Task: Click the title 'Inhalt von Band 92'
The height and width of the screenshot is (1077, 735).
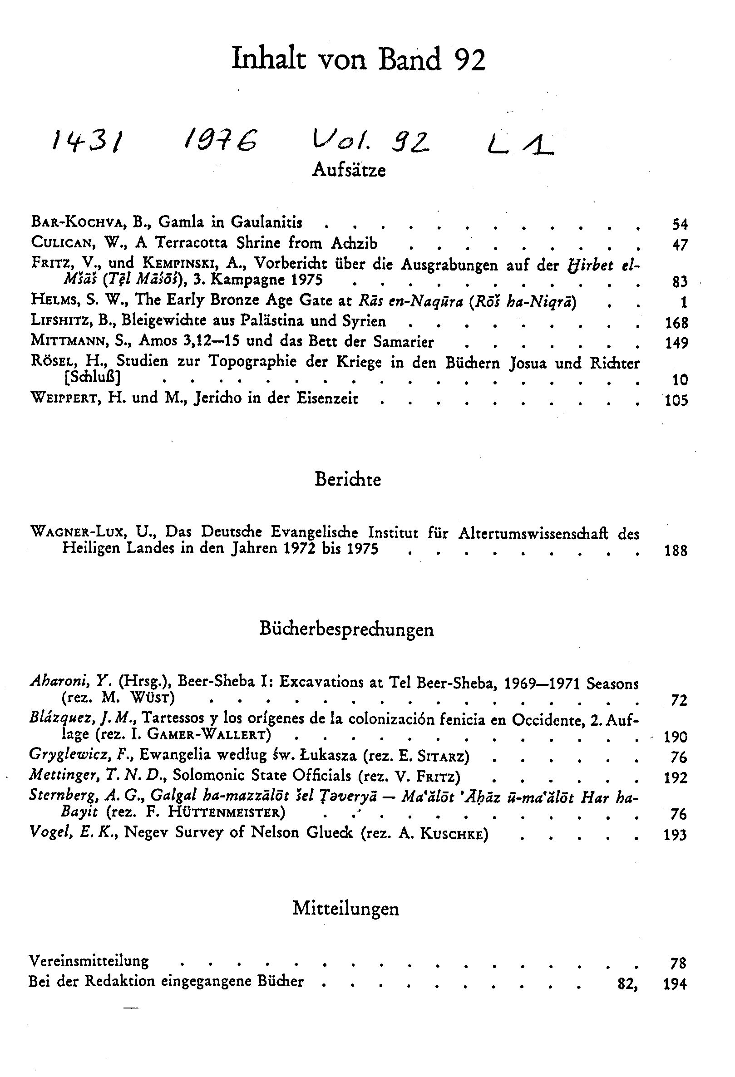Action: (358, 59)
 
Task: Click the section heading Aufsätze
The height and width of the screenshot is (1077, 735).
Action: (349, 170)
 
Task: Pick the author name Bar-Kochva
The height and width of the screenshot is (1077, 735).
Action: (77, 222)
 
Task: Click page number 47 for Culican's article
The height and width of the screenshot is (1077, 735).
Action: (680, 244)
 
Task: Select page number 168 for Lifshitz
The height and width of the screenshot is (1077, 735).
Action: (676, 322)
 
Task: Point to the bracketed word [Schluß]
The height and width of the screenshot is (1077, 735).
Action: (91, 378)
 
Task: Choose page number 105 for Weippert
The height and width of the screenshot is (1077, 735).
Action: (676, 400)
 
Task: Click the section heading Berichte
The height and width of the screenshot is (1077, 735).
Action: (348, 479)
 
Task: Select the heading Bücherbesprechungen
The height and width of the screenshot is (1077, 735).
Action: (347, 629)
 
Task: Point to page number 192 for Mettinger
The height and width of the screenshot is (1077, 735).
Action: (675, 777)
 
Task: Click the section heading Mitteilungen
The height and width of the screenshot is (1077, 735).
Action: (345, 908)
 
